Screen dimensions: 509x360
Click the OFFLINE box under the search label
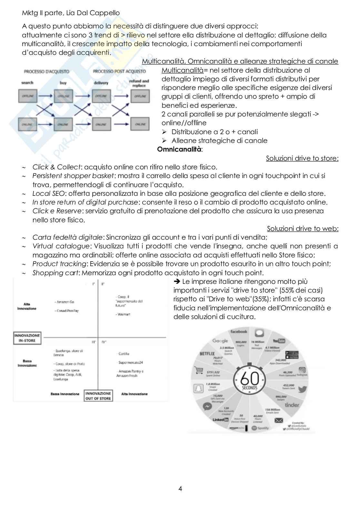coord(27,96)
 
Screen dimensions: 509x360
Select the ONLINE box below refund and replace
coord(140,124)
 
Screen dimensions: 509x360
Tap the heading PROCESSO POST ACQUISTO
coord(119,71)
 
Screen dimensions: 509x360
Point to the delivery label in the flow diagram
coord(101,83)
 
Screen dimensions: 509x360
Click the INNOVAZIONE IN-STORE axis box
coord(27,338)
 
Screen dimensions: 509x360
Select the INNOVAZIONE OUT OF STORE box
coord(98,396)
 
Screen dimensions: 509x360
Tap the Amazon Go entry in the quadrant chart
coord(65,302)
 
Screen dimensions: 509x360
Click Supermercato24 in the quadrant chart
coord(130,363)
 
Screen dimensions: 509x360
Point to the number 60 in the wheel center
coord(250,378)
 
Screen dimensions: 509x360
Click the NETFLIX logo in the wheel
coord(207,354)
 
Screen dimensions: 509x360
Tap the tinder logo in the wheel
coord(292,405)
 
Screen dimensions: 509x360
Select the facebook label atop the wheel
coord(239,332)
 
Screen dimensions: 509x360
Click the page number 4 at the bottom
coord(180,489)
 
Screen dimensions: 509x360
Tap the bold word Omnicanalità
coord(179,149)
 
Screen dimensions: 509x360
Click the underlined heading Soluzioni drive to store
coord(302,158)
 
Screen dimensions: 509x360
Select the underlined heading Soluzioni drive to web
coord(302,229)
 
